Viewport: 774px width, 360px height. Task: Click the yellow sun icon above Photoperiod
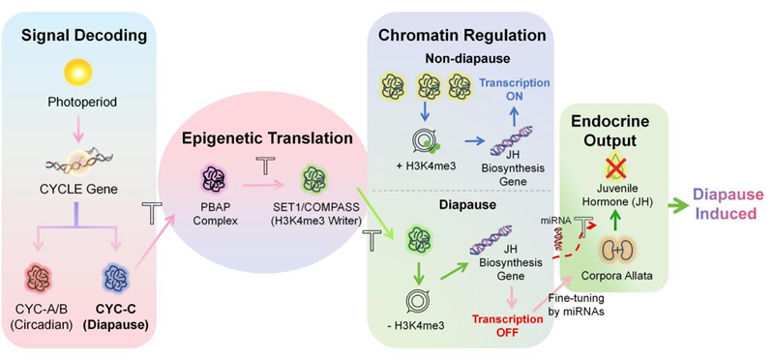coord(78,73)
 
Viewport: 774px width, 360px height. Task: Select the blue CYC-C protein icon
coord(116,278)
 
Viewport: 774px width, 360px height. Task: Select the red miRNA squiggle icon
coord(561,240)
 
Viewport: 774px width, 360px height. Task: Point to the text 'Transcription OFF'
coord(509,325)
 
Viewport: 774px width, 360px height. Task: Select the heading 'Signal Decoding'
coord(79,36)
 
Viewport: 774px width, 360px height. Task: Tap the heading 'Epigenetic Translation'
coord(267,138)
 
